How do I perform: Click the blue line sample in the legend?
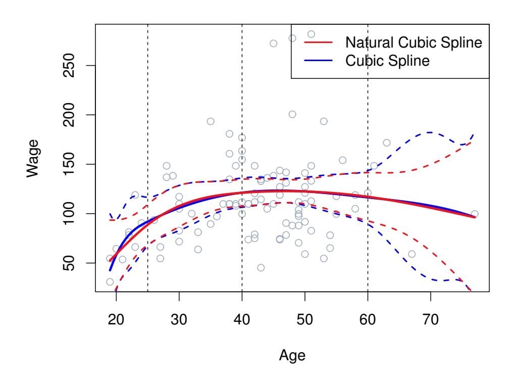tap(318, 61)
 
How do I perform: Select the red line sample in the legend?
tap(318, 42)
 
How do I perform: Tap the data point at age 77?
tap(474, 214)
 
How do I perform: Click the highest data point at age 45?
tap(273, 43)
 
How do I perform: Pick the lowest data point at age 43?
tap(261, 267)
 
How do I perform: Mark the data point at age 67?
tap(411, 254)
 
